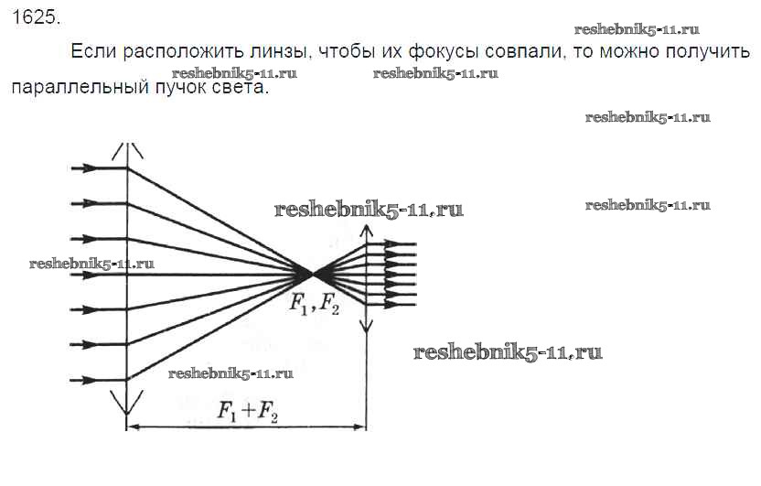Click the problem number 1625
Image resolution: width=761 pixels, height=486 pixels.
[36, 17]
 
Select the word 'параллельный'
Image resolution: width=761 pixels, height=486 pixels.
[80, 87]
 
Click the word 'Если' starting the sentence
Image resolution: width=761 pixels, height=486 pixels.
[93, 51]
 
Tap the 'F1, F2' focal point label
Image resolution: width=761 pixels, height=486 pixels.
[315, 305]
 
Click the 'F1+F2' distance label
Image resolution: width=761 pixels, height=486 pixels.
[248, 412]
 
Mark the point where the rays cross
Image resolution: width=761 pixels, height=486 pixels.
[311, 275]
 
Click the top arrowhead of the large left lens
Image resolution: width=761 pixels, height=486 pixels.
[127, 149]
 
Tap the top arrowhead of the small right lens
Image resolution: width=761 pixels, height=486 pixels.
[367, 230]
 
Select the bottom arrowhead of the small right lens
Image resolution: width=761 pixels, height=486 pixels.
[367, 326]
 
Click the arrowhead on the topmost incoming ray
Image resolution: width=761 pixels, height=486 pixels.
[88, 168]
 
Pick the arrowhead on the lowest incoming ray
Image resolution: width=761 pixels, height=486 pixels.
[88, 380]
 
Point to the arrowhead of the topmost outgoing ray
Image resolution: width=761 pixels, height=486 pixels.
[392, 243]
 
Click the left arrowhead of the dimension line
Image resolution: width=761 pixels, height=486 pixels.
[133, 427]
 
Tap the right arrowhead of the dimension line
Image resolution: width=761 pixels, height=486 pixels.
[359, 427]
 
